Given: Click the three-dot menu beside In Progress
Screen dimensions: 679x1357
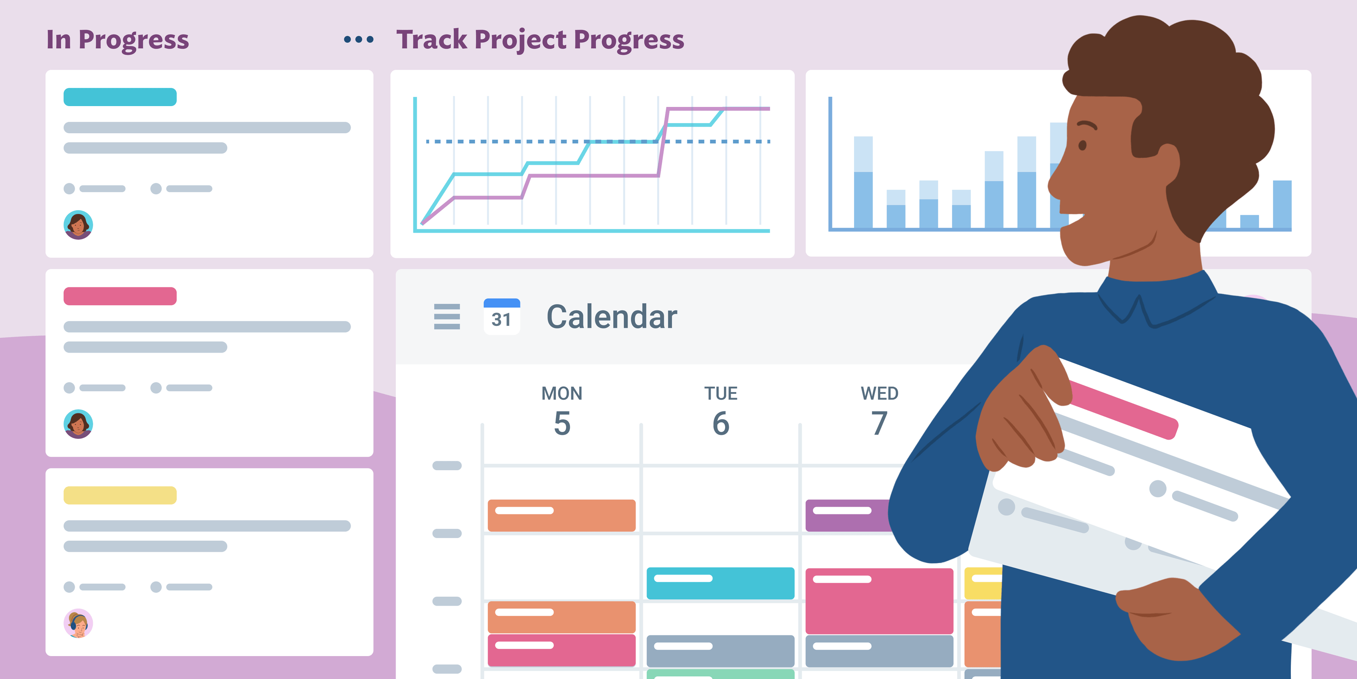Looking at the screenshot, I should click(x=359, y=39).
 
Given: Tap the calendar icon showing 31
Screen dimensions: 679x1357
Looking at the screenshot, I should click(x=502, y=316).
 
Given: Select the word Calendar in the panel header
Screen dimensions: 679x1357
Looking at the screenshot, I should click(x=611, y=317).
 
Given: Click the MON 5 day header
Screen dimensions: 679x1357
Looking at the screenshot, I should click(x=561, y=411).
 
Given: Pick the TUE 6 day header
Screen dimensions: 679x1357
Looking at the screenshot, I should click(x=720, y=411).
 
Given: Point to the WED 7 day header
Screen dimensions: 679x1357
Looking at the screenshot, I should click(x=879, y=411).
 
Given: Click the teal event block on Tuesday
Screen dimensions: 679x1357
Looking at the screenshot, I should click(x=720, y=583).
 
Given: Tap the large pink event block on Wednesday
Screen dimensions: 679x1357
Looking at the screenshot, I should click(x=879, y=601).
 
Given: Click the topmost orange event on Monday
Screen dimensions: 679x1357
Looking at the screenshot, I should click(x=561, y=516).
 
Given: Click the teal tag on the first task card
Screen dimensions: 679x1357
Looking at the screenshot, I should click(x=120, y=97).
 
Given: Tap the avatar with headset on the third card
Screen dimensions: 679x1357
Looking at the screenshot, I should click(x=78, y=623).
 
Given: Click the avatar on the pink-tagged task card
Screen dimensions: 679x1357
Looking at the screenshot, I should click(x=78, y=424).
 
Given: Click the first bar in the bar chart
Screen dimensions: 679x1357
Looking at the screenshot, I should click(x=863, y=182).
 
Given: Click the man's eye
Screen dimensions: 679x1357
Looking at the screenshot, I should click(x=1083, y=145).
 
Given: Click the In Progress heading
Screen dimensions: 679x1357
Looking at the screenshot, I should click(x=117, y=39).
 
